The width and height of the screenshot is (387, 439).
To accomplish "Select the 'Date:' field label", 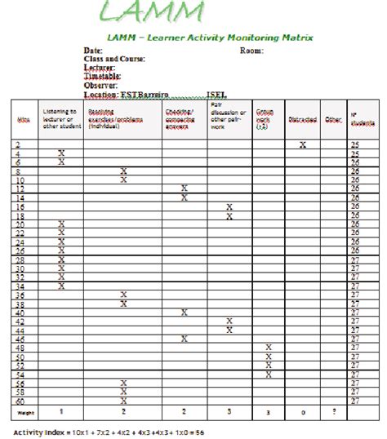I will coord(93,51).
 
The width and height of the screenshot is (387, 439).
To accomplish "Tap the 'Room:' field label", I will coord(251,51).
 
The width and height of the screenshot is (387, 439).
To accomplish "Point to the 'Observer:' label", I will coord(101,85).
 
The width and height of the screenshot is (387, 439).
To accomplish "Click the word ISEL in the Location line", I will coord(219,94).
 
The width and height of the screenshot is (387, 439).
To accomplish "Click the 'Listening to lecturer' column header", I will coord(60,118).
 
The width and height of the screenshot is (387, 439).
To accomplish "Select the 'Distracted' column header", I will coord(302,120).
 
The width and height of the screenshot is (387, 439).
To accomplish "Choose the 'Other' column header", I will coord(333,120).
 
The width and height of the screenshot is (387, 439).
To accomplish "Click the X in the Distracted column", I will coord(302,144).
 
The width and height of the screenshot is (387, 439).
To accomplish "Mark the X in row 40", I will coord(185,312).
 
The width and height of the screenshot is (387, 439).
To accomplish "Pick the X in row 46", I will coord(185,338).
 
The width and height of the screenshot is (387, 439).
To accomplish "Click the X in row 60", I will coord(123,400).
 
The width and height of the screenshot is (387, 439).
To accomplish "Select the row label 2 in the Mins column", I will coord(18,144).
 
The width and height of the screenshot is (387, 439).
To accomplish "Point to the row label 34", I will coord(20,286).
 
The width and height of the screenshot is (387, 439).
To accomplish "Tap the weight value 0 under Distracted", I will coord(302,413).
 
